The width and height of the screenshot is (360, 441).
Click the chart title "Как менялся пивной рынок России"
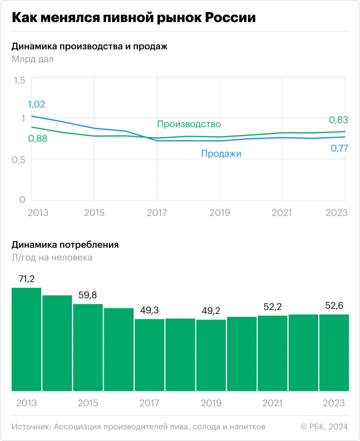[134, 18]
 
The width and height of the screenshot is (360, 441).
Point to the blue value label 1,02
[37, 105]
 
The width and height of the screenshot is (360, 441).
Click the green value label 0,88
[37, 138]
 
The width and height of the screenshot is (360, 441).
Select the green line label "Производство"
[188, 124]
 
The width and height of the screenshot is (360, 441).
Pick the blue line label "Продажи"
[221, 153]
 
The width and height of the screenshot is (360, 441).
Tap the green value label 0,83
[338, 120]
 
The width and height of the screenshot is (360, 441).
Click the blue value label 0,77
[338, 148]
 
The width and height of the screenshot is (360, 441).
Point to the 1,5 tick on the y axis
[19, 80]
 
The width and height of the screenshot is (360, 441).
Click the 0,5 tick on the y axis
[19, 159]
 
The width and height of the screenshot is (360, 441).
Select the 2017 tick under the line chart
[157, 213]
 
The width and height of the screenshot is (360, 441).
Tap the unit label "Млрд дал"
[32, 60]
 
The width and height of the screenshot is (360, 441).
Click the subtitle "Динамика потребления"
[65, 245]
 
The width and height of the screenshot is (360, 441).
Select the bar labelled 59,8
[88, 347]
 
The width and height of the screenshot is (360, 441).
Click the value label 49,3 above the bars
[150, 310]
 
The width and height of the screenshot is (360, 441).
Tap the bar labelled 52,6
[334, 352]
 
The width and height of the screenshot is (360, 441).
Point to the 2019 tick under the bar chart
[211, 403]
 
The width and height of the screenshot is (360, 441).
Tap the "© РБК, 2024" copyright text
[324, 427]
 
